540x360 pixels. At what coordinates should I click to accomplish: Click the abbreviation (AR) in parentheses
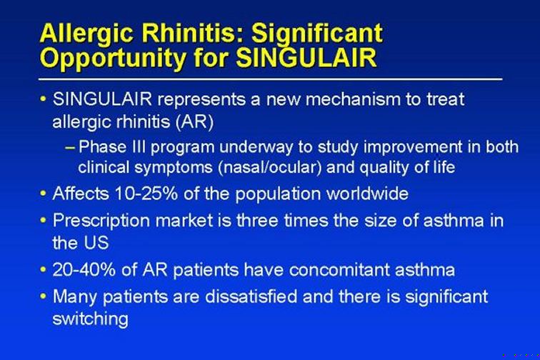[x=194, y=121]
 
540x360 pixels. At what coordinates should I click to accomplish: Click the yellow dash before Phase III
[x=70, y=148]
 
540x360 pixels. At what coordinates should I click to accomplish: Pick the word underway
[x=256, y=147]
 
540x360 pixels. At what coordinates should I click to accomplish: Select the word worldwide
[x=367, y=194]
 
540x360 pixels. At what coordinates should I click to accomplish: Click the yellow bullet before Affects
[x=43, y=194]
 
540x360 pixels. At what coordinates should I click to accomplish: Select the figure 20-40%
[x=84, y=269]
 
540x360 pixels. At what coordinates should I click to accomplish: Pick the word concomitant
[x=339, y=269]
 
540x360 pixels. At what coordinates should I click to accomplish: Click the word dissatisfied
[x=251, y=296]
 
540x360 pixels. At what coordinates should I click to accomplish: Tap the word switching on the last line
[x=91, y=319]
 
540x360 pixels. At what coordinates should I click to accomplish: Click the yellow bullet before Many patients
[x=43, y=296]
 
